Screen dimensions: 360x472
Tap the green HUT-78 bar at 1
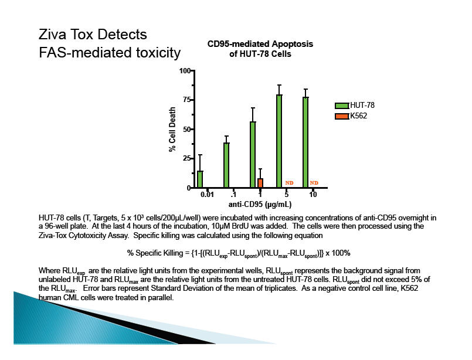tap(253, 155)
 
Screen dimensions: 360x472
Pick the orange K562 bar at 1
tap(260, 183)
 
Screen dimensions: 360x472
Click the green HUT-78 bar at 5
tap(279, 141)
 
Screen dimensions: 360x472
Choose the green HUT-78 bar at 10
tap(305, 142)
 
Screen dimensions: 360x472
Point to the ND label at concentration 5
tap(289, 184)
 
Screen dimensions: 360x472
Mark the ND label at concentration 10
tap(314, 184)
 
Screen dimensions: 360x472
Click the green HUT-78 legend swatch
tap(342, 106)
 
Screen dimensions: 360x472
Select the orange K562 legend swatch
tap(342, 117)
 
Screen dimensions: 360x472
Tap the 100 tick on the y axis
tap(185, 71)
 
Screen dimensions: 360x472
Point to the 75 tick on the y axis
tap(187, 100)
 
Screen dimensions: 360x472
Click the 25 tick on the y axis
tap(187, 159)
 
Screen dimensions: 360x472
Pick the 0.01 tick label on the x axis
tap(206, 195)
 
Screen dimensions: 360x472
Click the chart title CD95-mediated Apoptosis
tap(260, 45)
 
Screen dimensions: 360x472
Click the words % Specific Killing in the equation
tap(154, 253)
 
